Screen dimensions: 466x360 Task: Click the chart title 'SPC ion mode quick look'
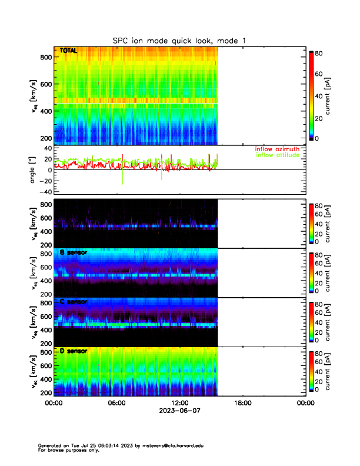click(x=179, y=40)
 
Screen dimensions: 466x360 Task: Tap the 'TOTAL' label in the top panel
click(x=69, y=52)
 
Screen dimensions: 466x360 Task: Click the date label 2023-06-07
click(x=179, y=412)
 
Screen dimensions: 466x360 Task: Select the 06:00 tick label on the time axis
click(x=116, y=404)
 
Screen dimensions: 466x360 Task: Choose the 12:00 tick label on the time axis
click(x=179, y=404)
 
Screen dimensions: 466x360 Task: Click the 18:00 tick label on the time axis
click(x=242, y=404)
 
